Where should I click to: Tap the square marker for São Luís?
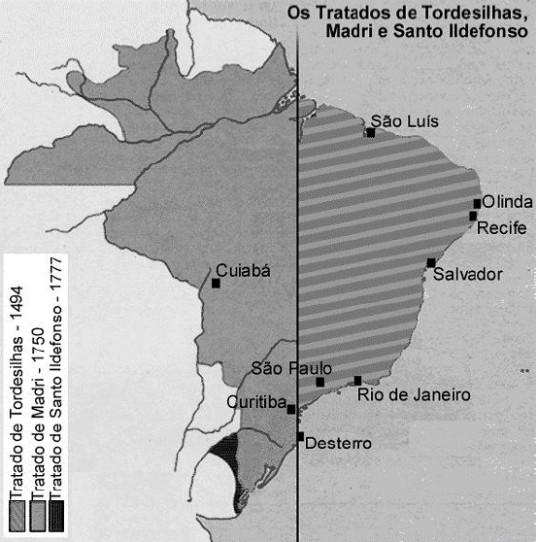tap(371, 133)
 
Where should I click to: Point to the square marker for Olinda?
tap(477, 203)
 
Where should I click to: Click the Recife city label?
tap(500, 228)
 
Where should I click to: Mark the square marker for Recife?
tap(473, 216)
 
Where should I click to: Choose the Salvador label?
tap(468, 275)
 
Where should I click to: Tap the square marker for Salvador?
tap(430, 262)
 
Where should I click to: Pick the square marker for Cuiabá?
tap(216, 284)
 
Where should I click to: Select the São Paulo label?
tap(291, 368)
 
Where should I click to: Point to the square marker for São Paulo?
tap(320, 382)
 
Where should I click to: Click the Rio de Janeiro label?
tap(414, 395)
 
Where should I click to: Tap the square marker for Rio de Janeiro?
tap(358, 381)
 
